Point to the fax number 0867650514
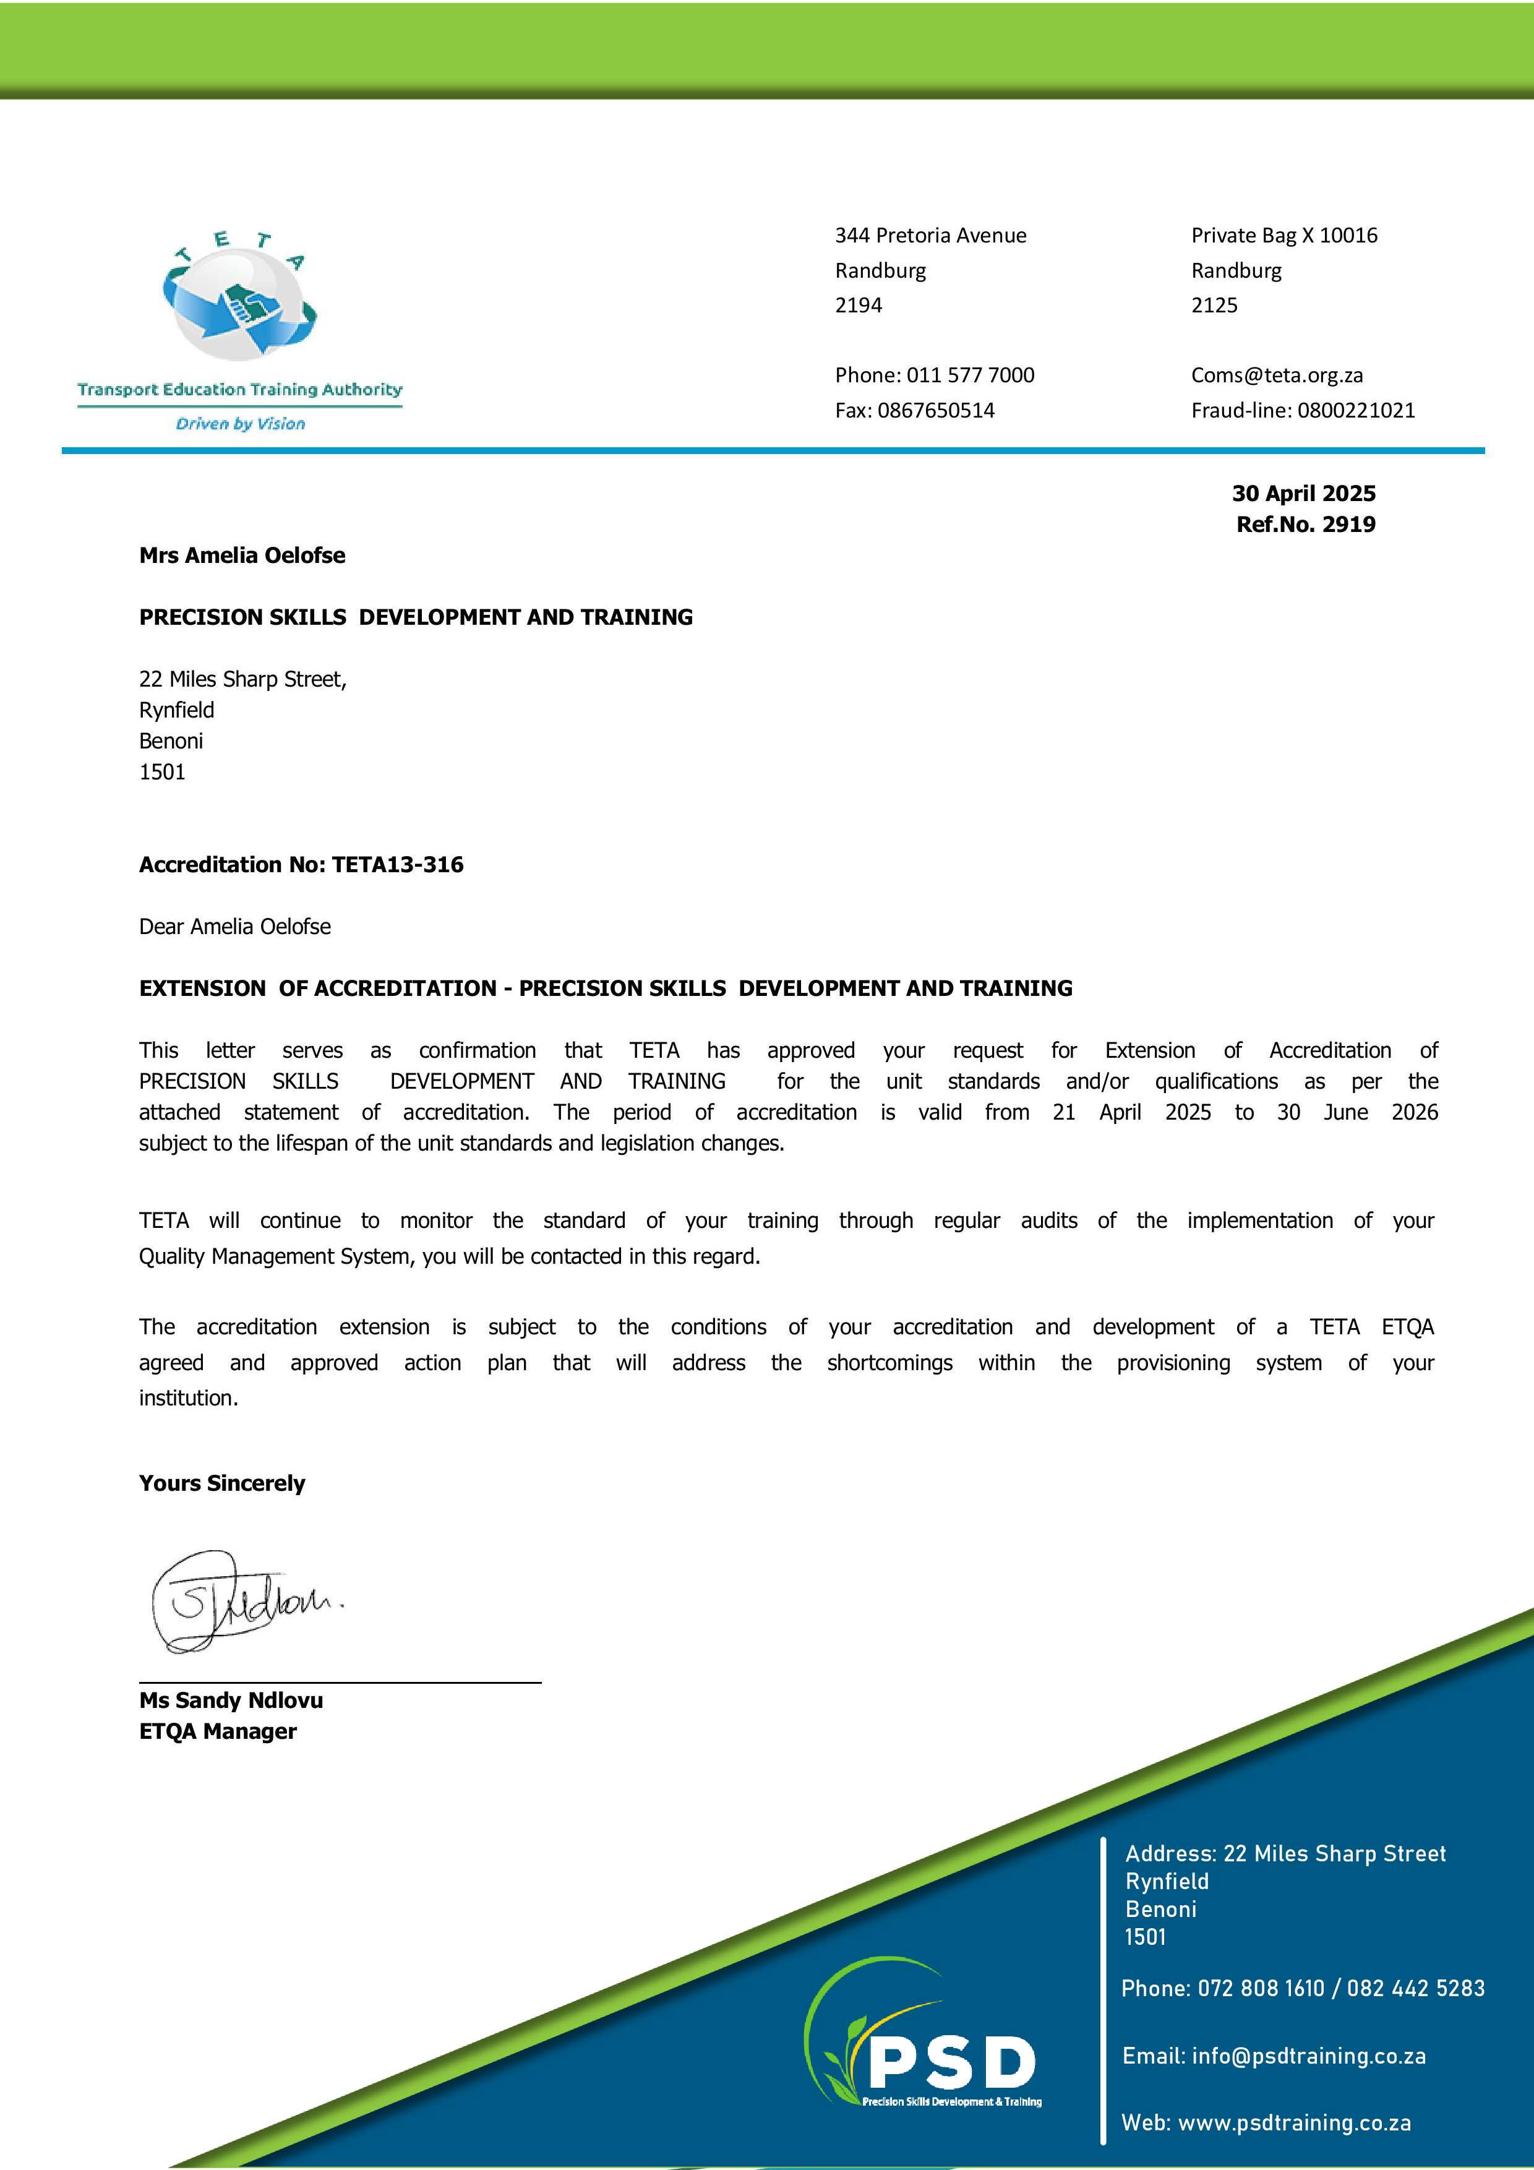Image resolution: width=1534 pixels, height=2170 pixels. (x=936, y=410)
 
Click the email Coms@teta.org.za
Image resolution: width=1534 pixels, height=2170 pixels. (x=1276, y=375)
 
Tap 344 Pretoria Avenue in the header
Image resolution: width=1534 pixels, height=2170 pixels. (x=930, y=235)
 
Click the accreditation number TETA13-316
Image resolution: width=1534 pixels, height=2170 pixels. (x=397, y=865)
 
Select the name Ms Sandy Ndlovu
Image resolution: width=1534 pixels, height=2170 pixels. (x=231, y=1700)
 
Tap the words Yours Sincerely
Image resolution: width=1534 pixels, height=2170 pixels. (x=222, y=1483)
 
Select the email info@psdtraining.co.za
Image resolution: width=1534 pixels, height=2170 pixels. (x=1308, y=2056)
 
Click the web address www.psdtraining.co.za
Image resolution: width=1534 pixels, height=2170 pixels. (x=1294, y=2123)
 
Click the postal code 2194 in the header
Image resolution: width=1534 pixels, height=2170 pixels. (x=858, y=306)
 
